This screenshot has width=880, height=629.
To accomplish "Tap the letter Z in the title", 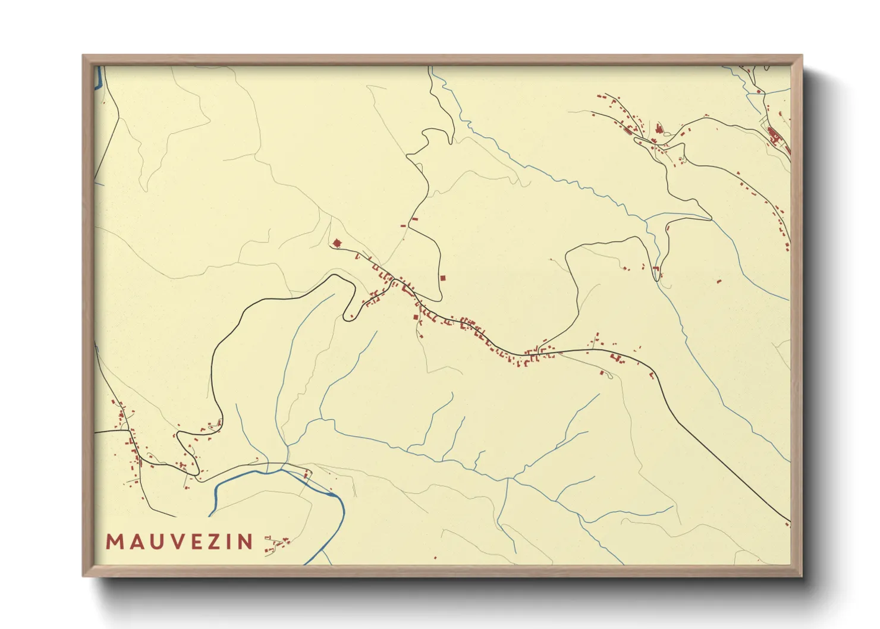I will tap(212, 542).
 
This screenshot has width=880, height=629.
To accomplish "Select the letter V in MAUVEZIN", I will tap(172, 542).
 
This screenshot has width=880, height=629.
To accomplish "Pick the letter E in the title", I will tap(193, 542).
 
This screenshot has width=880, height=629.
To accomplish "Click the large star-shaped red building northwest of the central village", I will tap(337, 243).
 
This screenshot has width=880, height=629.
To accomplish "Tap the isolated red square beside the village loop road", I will tap(442, 278).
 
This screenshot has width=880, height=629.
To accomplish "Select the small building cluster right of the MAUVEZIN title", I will tap(276, 544).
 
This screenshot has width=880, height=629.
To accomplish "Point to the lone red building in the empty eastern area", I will tap(719, 281).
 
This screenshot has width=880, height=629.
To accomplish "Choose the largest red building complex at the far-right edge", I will tap(774, 136).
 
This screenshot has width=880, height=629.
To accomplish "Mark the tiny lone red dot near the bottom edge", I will tap(435, 558).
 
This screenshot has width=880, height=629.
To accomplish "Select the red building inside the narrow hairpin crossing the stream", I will tap(656, 272).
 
